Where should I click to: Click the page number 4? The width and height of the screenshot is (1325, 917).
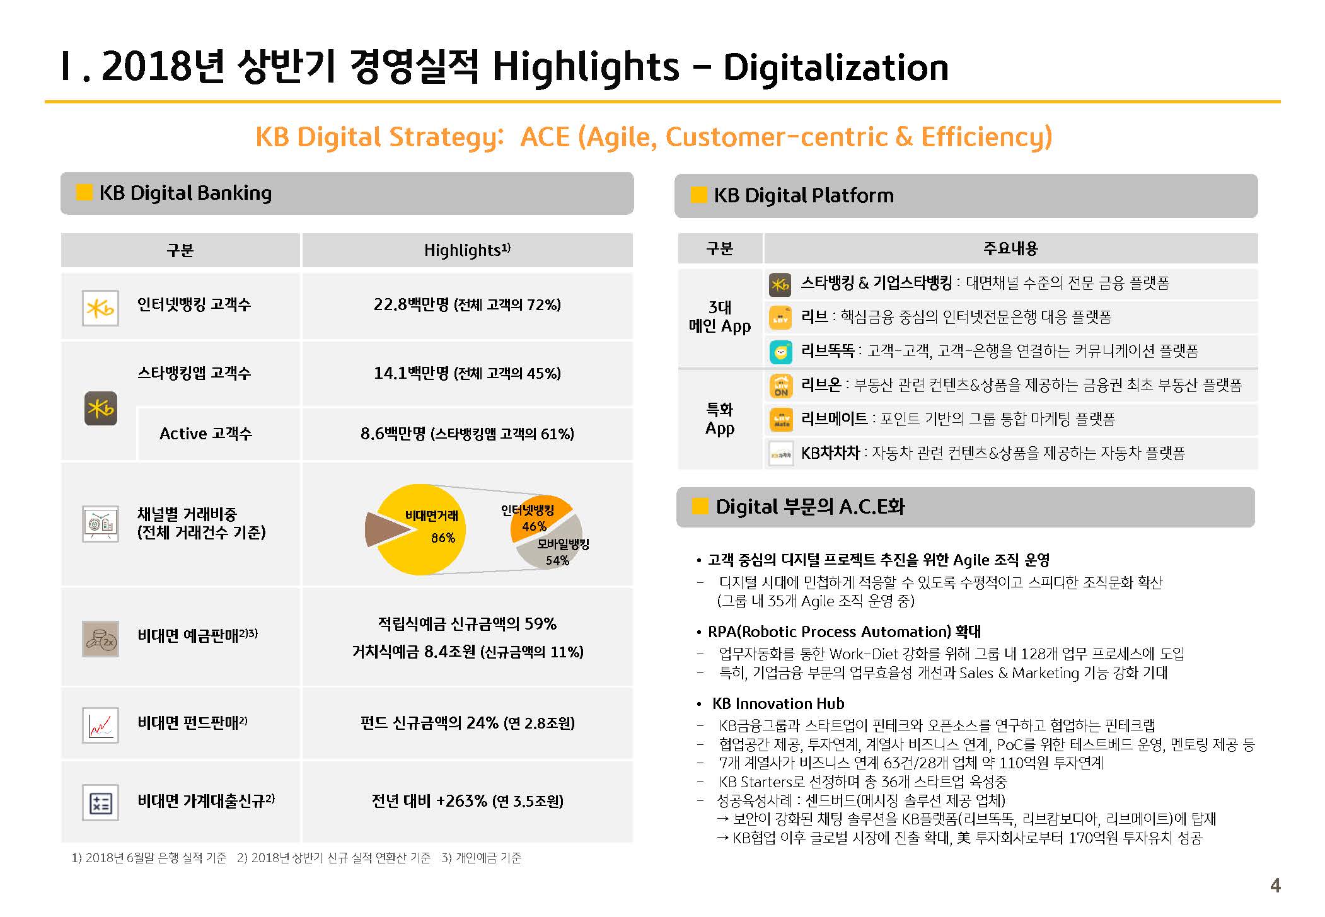pos(1275,885)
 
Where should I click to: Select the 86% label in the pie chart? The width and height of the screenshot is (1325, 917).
pos(443,538)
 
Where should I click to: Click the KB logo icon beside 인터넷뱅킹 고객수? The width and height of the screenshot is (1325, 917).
pos(101,308)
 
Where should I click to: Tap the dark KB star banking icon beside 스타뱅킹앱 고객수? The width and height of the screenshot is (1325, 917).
pos(101,408)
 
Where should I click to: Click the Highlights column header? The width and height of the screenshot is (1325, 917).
pos(467,250)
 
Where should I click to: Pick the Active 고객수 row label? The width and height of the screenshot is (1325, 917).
pos(206,434)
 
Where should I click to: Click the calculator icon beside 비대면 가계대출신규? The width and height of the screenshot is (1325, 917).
pos(101,802)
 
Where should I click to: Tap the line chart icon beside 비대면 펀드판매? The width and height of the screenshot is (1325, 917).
pos(101,725)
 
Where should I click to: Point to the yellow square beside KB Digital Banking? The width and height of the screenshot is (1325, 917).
pos(84,192)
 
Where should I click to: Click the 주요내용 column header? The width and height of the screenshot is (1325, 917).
pos(1010,248)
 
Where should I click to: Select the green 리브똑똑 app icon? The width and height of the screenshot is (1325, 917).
pos(781,352)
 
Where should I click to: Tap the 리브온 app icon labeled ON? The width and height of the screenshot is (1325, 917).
pos(781,386)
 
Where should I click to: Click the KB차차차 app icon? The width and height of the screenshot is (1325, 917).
pos(781,454)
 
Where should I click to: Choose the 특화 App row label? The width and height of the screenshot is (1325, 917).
pos(720,419)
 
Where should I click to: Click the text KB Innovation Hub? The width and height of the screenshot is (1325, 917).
pos(778,703)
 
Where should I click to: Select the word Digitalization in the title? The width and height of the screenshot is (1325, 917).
pos(836,67)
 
